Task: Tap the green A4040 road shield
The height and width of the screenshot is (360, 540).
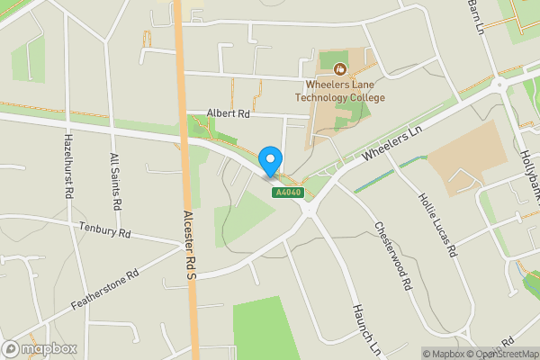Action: tap(289, 192)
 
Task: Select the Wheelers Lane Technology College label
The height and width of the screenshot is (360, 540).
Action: tap(340, 91)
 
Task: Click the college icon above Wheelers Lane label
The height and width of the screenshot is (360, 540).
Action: tap(340, 68)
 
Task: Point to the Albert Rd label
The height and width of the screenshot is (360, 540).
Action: tap(227, 113)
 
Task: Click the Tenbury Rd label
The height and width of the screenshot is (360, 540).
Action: tap(105, 229)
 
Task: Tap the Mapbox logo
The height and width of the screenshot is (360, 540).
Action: tap(40, 348)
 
